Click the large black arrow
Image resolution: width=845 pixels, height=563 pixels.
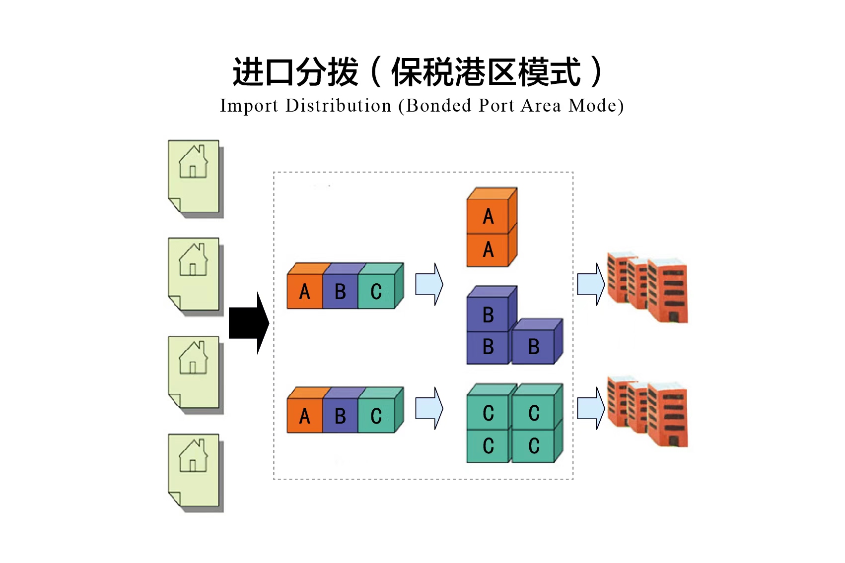[248, 323]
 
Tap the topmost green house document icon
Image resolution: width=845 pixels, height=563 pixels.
[194, 177]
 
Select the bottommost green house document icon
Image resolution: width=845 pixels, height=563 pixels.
[194, 471]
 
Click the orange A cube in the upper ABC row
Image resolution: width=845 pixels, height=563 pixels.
[304, 292]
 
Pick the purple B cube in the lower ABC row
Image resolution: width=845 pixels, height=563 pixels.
[340, 416]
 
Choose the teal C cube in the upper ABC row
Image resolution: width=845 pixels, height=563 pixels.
[376, 292]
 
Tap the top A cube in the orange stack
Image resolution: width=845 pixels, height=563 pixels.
[488, 216]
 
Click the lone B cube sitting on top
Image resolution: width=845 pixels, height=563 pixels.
[488, 314]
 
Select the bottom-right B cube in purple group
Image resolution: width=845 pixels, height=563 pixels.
[534, 346]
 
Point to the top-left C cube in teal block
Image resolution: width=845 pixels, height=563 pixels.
[488, 412]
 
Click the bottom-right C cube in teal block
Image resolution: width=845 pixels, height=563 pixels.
[534, 445]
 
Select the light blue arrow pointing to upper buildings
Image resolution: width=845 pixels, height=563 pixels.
[591, 284]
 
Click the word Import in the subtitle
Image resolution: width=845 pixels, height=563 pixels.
[249, 106]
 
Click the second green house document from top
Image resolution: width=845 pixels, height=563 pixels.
[194, 275]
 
